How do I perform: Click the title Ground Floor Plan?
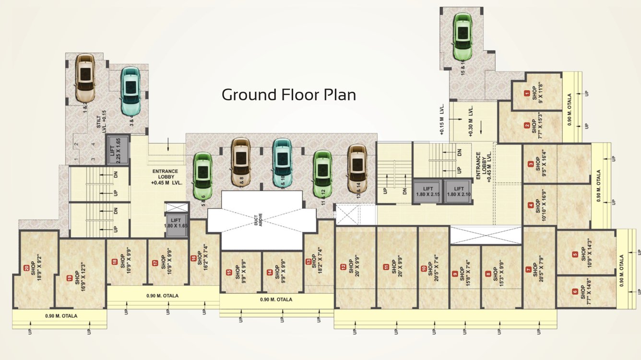(288, 95)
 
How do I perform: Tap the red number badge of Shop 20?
(26, 268)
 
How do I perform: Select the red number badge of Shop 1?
(527, 93)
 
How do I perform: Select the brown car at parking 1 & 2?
(85, 77)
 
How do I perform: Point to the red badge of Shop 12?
(343, 267)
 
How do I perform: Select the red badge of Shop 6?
(575, 291)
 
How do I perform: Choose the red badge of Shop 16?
(193, 258)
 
